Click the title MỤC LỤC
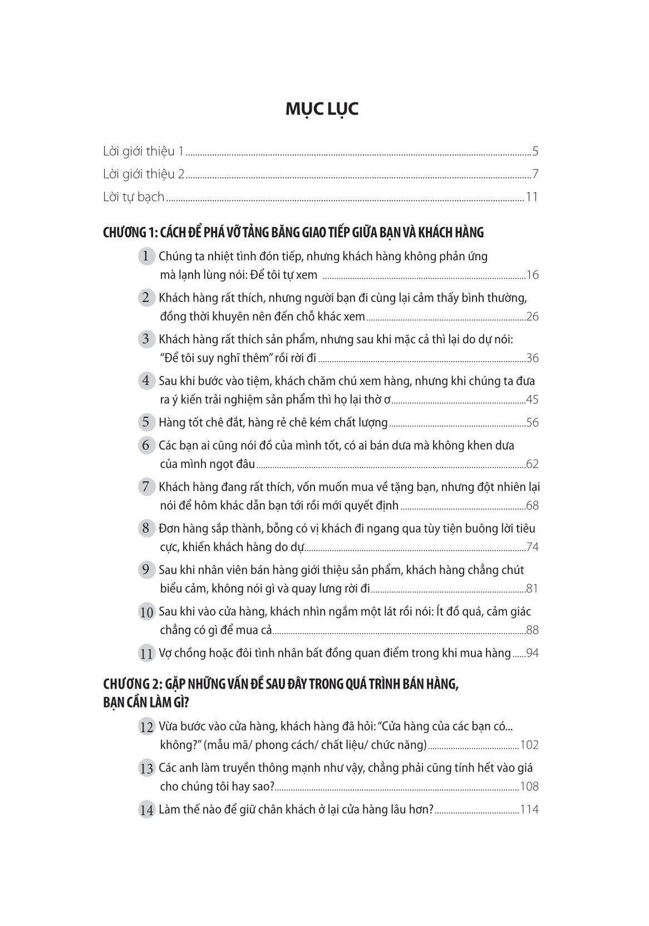[322, 109]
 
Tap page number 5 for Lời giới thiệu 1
[535, 151]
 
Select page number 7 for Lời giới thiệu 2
[535, 174]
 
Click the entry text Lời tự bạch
[134, 197]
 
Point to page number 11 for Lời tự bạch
[532, 197]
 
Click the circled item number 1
[146, 256]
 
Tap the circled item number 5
[146, 422]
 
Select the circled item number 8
[146, 528]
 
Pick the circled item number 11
[146, 654]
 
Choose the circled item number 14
[146, 810]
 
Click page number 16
[532, 275]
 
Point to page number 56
[532, 422]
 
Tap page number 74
[532, 547]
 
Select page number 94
[532, 653]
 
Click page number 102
[529, 745]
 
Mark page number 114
[529, 810]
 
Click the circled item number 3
[146, 339]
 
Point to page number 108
[529, 787]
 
